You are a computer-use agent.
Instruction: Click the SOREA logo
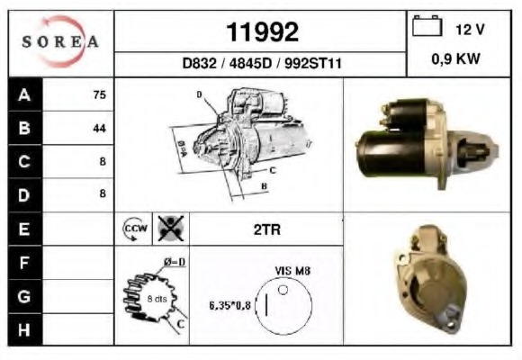[x=60, y=42]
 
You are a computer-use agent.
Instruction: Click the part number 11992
[x=262, y=32]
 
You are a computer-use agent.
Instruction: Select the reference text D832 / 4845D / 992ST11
[x=261, y=65]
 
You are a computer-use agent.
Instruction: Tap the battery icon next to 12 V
[x=425, y=28]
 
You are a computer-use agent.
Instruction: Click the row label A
[x=24, y=94]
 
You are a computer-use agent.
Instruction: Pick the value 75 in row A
[x=99, y=94]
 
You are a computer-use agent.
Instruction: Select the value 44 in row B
[x=99, y=128]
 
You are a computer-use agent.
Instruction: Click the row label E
[x=24, y=229]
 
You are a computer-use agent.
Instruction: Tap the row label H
[x=24, y=329]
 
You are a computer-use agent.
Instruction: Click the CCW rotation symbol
[x=132, y=229]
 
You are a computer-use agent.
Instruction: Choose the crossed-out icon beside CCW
[x=168, y=229]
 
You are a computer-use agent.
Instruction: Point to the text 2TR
[x=267, y=229]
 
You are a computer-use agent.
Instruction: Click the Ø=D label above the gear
[x=174, y=262]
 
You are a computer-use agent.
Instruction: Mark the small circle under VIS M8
[x=283, y=291]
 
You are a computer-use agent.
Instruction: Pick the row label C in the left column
[x=24, y=161]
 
